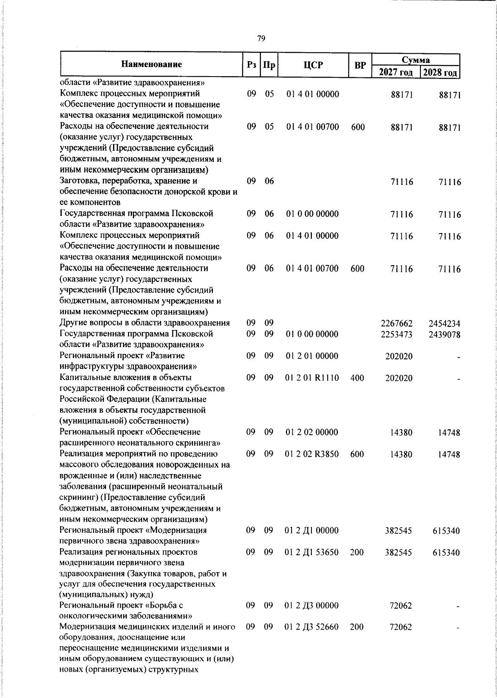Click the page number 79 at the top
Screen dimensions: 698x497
[261, 39]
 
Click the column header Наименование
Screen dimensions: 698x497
[152, 64]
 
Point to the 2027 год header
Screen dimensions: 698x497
[396, 72]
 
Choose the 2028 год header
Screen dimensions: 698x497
[440, 72]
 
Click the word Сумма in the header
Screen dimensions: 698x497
[416, 59]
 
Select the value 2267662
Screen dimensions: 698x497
[396, 324]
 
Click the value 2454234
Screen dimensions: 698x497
[444, 324]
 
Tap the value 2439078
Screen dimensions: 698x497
[444, 335]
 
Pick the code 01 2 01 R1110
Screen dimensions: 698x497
[312, 378]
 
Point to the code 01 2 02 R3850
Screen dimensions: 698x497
[312, 454]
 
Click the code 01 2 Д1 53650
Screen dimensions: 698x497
[312, 552]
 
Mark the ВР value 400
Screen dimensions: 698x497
[357, 378]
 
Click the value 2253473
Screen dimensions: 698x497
[396, 335]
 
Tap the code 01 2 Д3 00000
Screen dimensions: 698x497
[312, 606]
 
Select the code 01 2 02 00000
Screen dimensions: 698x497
[312, 432]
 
